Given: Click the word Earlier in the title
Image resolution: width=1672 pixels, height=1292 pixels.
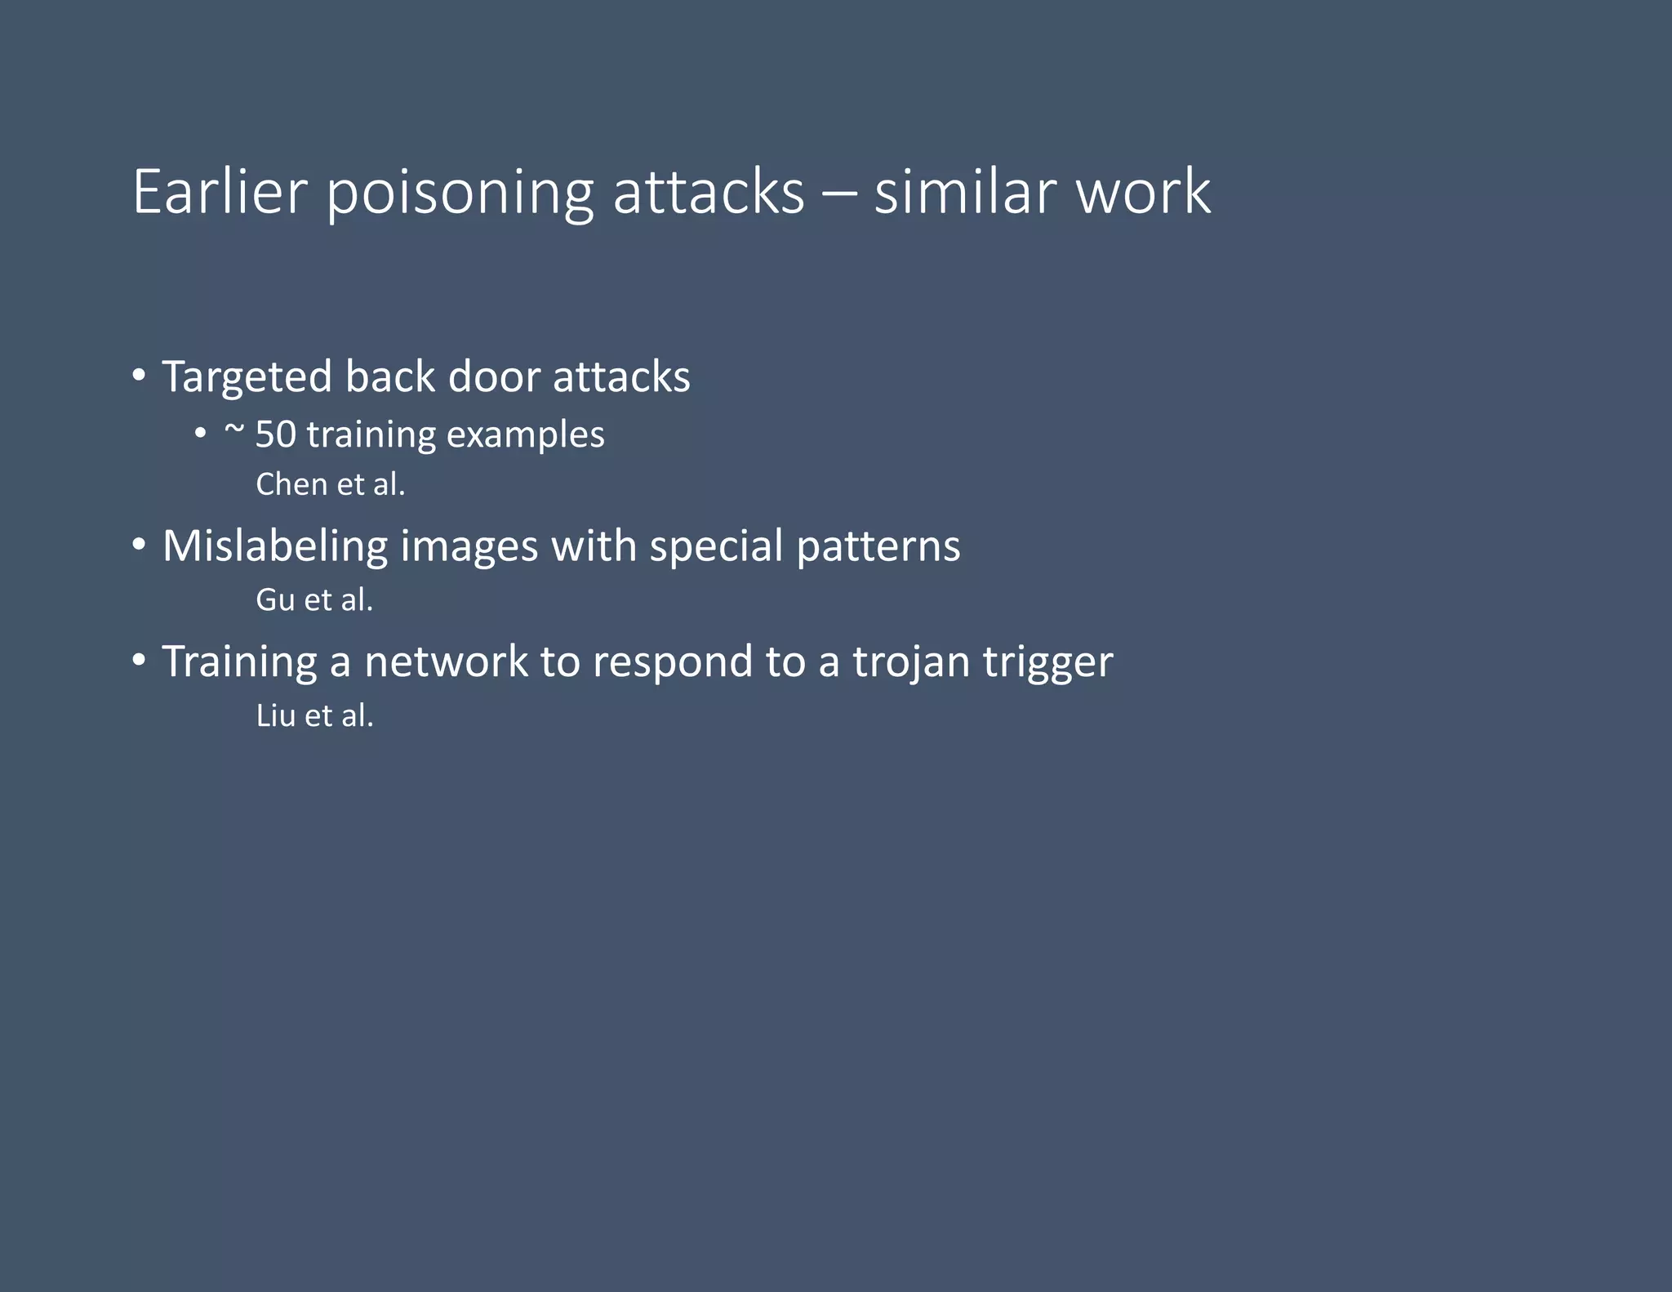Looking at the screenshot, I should tap(220, 192).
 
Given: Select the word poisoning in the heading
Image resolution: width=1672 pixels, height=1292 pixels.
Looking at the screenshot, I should tap(459, 194).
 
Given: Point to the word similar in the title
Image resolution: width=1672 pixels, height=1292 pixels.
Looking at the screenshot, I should tap(965, 192).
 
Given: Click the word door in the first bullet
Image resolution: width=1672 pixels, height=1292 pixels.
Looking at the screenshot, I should tap(494, 377).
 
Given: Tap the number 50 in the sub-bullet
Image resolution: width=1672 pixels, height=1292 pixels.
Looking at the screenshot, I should tap(275, 434).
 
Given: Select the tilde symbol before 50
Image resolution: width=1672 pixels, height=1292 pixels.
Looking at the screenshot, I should tap(233, 429).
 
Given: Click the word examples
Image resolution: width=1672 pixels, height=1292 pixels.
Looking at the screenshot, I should tap(525, 435).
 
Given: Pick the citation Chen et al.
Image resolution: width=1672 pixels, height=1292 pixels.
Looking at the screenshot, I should tap(330, 484).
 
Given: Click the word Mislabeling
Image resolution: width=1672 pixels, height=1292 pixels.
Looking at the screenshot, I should tap(275, 546).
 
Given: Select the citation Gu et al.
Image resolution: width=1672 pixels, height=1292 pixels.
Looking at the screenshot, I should tap(314, 600).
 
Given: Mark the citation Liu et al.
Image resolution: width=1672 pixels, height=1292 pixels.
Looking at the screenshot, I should tap(314, 715).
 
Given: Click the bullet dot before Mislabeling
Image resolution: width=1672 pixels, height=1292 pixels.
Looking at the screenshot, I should tap(140, 544).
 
